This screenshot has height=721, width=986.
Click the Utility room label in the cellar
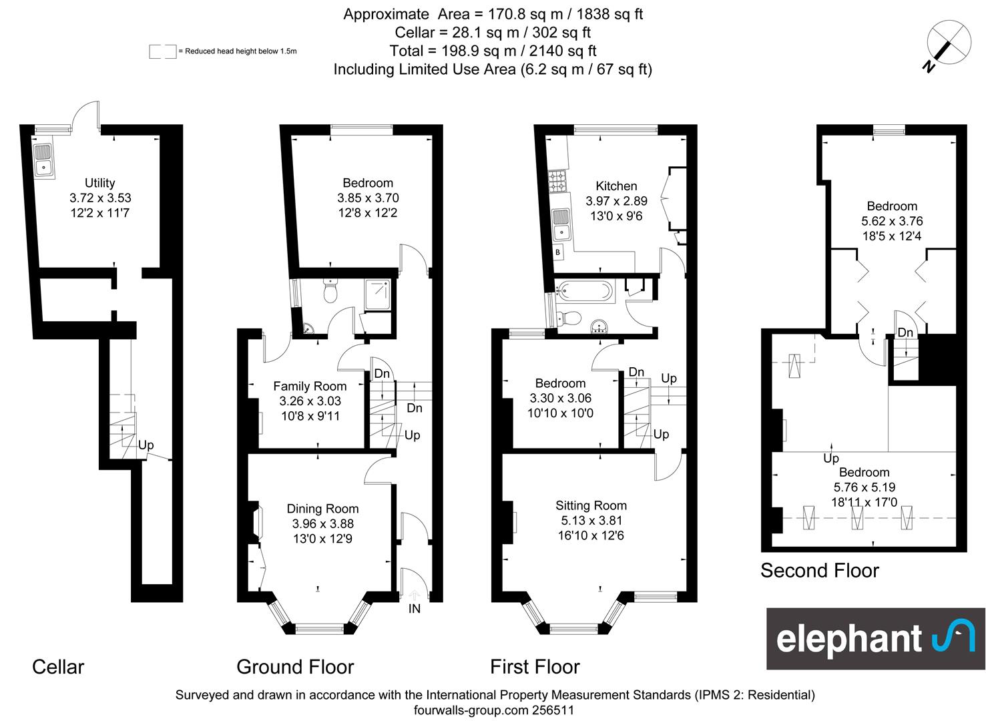click(99, 183)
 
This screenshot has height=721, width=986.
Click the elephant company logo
click(875, 639)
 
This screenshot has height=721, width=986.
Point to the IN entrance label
click(415, 609)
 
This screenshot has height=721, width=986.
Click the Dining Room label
click(322, 509)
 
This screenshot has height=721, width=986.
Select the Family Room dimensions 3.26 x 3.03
click(310, 401)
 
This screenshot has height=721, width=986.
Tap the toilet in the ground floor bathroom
click(330, 291)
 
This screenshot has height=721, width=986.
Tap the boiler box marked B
click(557, 252)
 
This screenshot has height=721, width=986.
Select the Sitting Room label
click(591, 505)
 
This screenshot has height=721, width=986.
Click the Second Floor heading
click(819, 571)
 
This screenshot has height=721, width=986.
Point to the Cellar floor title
click(58, 667)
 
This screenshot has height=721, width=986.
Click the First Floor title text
click(535, 667)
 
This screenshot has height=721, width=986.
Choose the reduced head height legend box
click(162, 51)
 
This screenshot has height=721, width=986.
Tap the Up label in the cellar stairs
click(146, 445)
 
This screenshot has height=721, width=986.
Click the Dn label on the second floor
click(905, 332)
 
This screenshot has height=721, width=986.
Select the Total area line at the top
click(493, 51)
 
